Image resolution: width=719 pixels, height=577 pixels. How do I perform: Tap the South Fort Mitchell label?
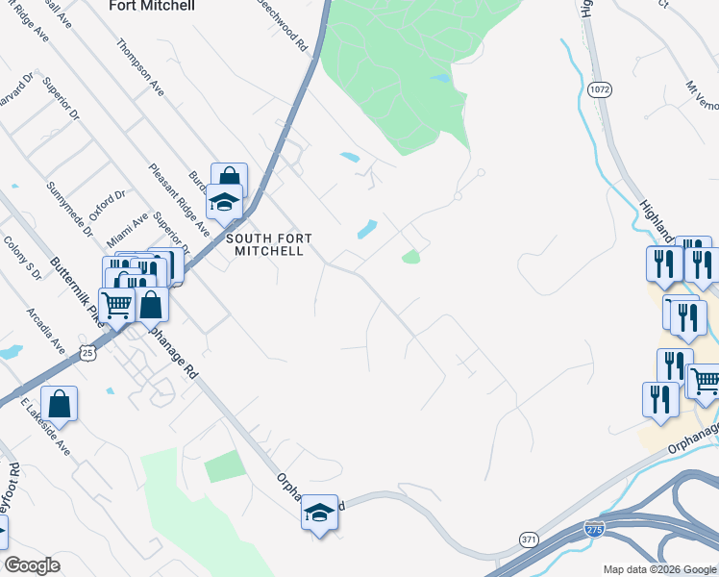click(264, 244)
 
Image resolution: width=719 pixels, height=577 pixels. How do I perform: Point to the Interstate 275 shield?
click(596, 529)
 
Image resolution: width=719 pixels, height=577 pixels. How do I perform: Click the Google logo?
click(33, 565)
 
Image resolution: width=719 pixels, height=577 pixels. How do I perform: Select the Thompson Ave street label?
click(140, 67)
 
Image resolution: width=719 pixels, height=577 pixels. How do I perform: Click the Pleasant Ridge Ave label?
click(179, 200)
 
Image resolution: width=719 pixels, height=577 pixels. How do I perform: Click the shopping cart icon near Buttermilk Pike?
click(116, 307)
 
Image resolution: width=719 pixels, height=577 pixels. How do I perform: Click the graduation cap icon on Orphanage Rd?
click(319, 513)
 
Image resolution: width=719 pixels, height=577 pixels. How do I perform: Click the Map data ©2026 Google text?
click(657, 568)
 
